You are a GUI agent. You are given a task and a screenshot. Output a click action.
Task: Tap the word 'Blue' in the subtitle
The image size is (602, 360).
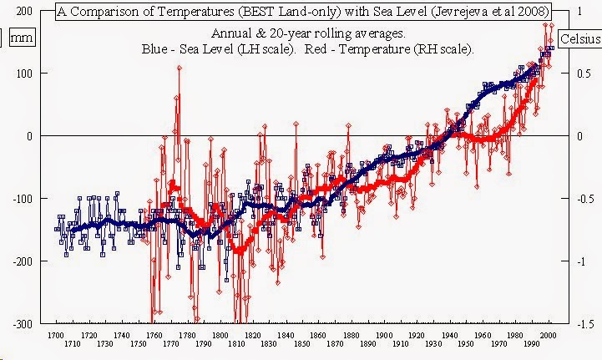[x=157, y=49]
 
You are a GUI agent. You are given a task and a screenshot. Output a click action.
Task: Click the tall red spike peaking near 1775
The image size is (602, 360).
[x=179, y=68]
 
